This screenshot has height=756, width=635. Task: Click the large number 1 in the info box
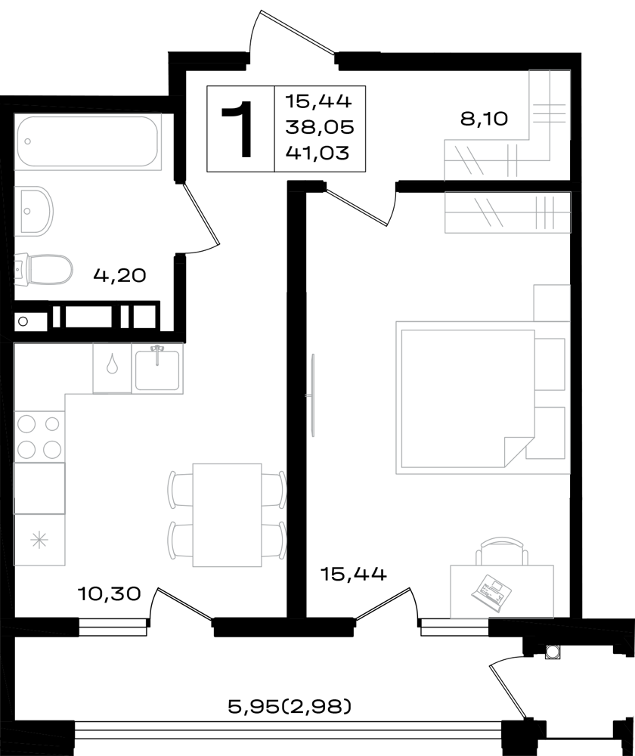click(x=237, y=129)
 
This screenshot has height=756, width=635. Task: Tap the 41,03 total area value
click(x=317, y=153)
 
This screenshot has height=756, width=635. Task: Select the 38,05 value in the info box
click(x=320, y=127)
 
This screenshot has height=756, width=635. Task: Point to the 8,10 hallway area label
click(x=484, y=118)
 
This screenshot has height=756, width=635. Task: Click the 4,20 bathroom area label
click(x=119, y=275)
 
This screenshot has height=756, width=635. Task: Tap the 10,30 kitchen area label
click(x=109, y=593)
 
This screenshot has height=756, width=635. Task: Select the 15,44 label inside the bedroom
click(x=354, y=574)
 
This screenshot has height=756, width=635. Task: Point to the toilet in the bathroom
click(x=44, y=270)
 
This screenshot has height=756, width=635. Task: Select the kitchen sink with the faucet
click(x=157, y=369)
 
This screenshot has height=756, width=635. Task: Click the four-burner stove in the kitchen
click(x=39, y=436)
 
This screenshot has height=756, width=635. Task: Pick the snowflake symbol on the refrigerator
click(x=39, y=540)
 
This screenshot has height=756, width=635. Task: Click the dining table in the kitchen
click(x=227, y=515)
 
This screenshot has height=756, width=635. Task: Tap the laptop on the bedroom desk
click(x=491, y=589)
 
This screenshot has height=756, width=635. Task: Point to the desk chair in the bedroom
click(x=501, y=551)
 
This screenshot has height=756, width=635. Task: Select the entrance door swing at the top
click(x=291, y=33)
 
